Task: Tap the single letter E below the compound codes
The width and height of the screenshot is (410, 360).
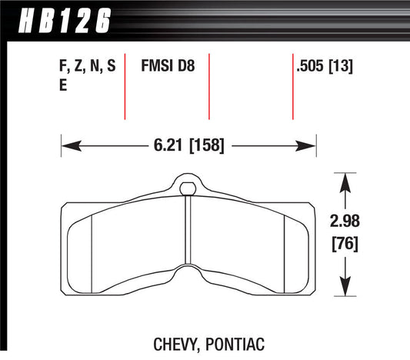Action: pyautogui.click(x=63, y=86)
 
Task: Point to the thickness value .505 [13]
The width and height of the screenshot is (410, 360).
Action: pyautogui.click(x=324, y=68)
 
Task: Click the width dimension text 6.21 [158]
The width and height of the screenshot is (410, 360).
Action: pyautogui.click(x=188, y=144)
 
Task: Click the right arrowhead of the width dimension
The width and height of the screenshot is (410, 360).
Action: pyautogui.click(x=311, y=144)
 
